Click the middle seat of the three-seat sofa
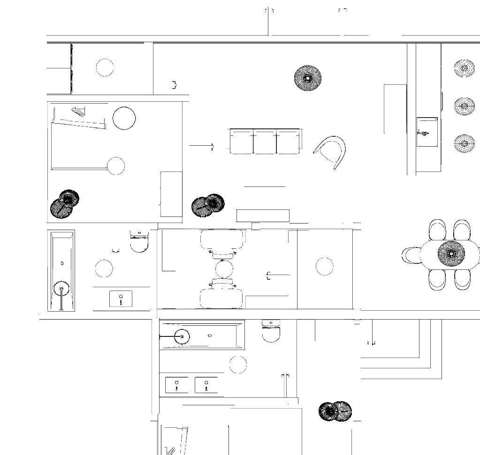tap(265, 142)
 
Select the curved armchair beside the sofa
tap(332, 151)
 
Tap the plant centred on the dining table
tap(451, 254)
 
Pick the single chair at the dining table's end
tap(411, 255)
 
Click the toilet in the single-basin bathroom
tap(139, 241)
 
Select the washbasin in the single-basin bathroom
tap(121, 298)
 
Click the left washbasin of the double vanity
tap(176, 385)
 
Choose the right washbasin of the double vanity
tap(206, 385)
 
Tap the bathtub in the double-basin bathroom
tap(202, 336)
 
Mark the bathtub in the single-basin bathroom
tap(61, 270)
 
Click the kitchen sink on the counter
tap(427, 132)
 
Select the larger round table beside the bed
tap(124, 118)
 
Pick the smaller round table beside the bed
tap(115, 166)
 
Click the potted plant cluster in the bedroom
tap(65, 204)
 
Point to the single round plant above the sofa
tap(308, 78)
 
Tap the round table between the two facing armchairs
tap(223, 269)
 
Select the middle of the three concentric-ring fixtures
tap(464, 106)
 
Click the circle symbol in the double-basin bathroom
tap(238, 365)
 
